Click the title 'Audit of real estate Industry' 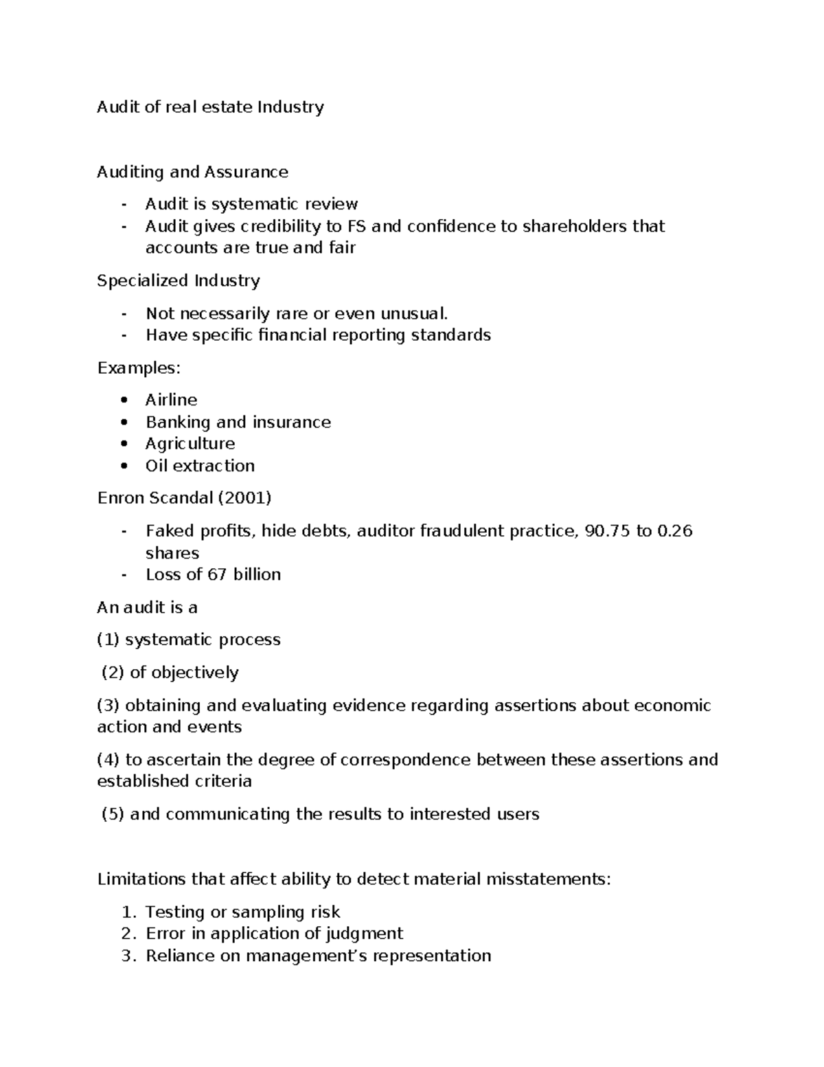[210, 107]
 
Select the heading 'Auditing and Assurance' [192, 172]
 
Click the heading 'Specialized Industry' [179, 281]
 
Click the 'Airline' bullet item [171, 400]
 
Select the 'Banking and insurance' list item [238, 422]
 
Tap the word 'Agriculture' [190, 444]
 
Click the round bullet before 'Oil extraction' [124, 466]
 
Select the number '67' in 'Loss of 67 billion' [217, 574]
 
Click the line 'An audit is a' [148, 607]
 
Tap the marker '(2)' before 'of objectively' [113, 673]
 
